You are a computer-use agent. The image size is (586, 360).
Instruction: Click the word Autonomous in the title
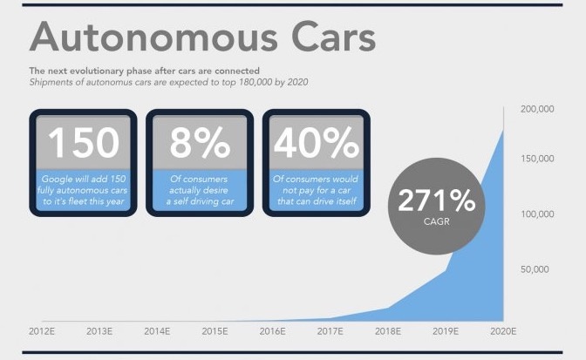point(153,37)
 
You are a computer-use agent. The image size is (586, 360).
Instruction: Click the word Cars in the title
point(333,37)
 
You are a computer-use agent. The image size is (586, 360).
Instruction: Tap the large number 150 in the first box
point(84,142)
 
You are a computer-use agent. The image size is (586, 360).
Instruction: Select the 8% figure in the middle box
point(200,142)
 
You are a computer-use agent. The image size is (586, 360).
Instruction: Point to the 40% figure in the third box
point(317,142)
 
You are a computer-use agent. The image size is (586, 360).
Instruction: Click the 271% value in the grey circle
point(437,200)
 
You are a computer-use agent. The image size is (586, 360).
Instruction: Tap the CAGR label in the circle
point(437,221)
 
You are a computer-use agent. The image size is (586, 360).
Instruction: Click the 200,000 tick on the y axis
point(537,109)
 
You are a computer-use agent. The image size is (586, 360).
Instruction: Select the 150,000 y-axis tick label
point(537,159)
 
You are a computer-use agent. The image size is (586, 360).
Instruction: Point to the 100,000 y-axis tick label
point(537,214)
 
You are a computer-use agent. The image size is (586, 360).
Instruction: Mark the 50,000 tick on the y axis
point(535,269)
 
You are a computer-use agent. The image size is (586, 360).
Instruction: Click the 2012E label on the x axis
point(42,331)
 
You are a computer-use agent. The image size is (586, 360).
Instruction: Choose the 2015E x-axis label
point(215,331)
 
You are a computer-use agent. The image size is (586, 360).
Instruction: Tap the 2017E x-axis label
point(330,331)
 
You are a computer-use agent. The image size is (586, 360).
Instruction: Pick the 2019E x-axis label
point(446,331)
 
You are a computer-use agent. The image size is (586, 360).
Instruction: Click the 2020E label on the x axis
point(503,331)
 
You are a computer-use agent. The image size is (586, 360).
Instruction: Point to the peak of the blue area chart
point(503,130)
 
